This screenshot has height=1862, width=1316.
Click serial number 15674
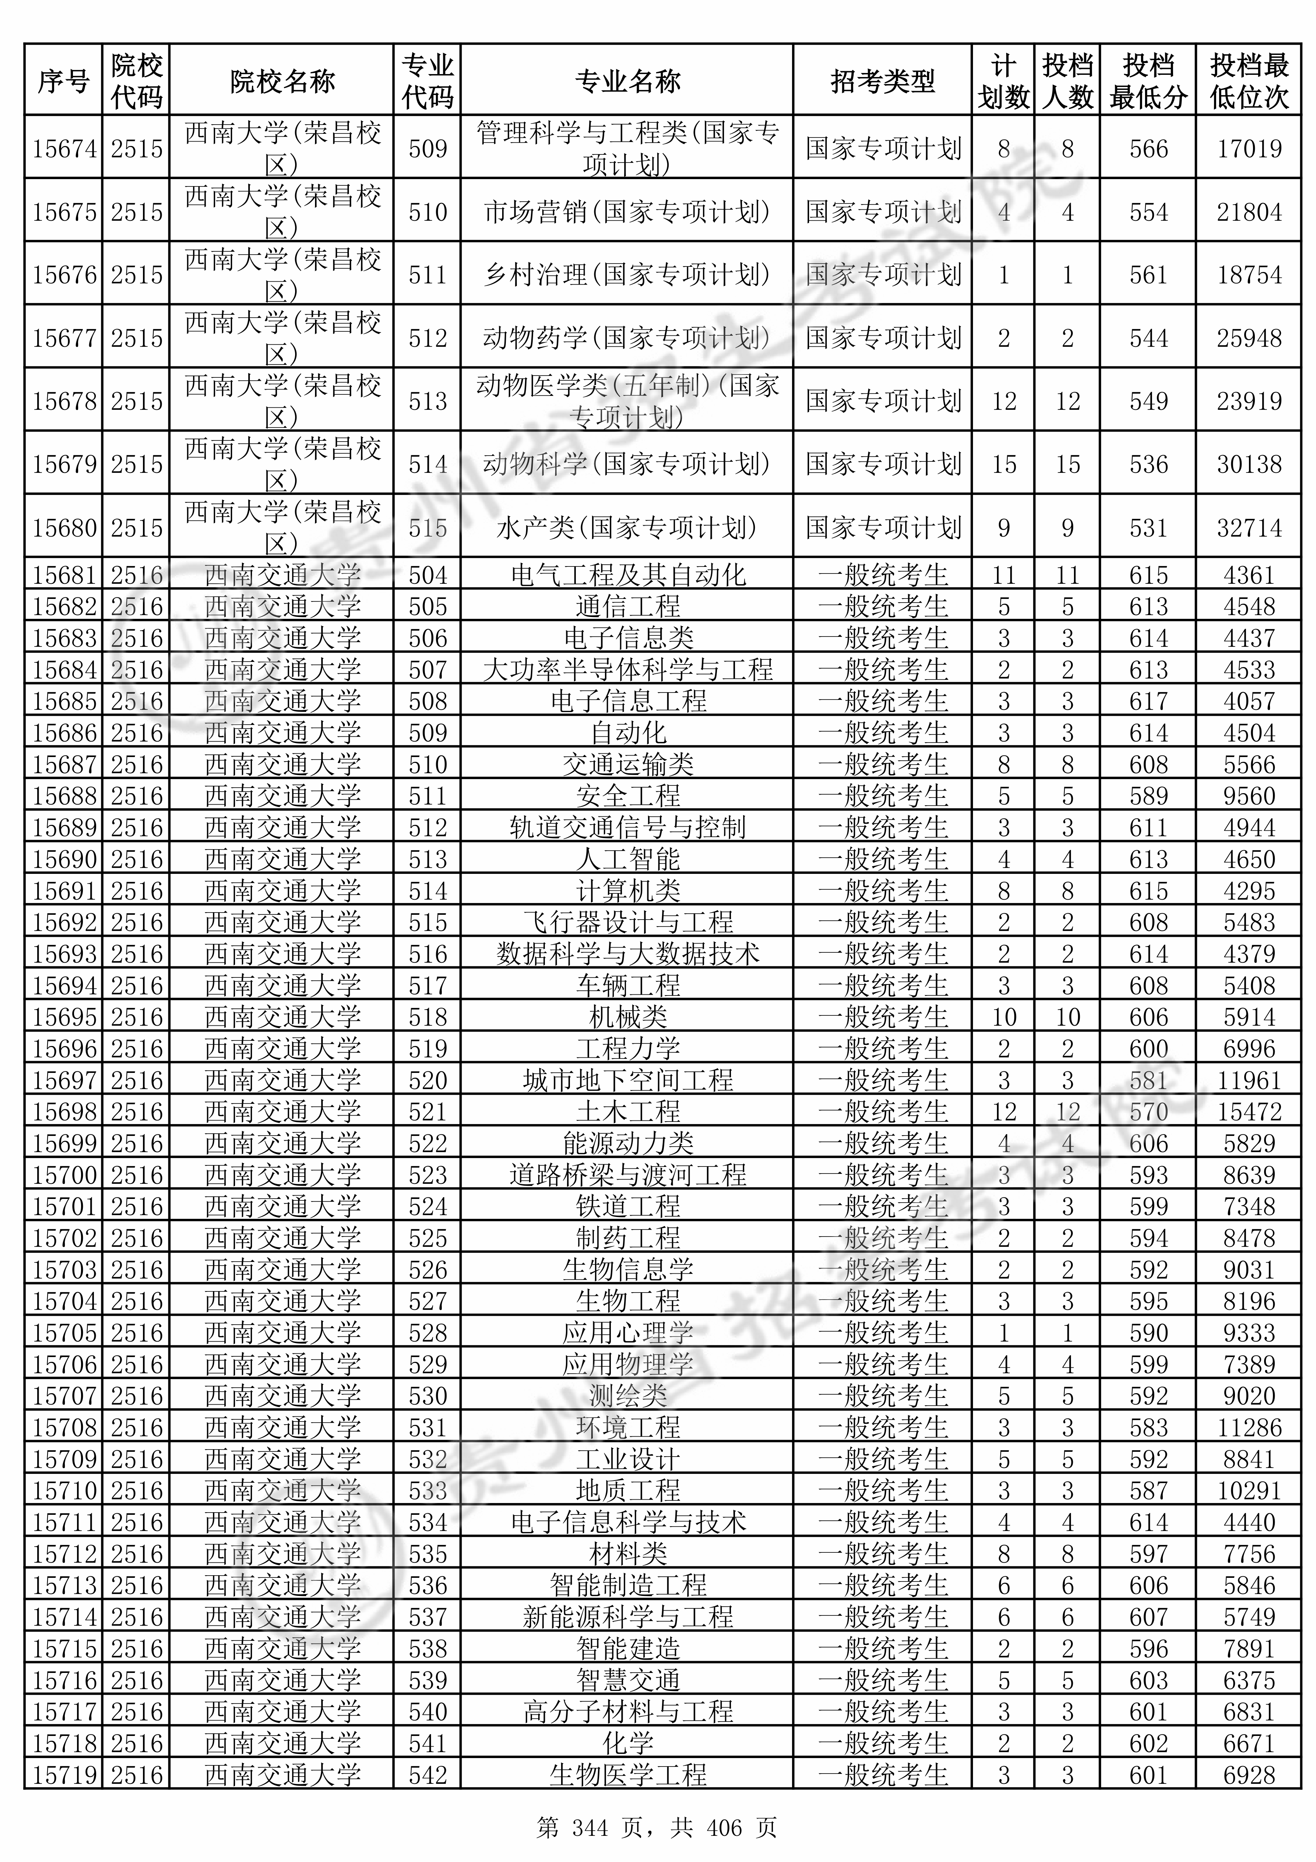point(64,149)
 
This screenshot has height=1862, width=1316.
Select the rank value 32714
point(1249,528)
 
